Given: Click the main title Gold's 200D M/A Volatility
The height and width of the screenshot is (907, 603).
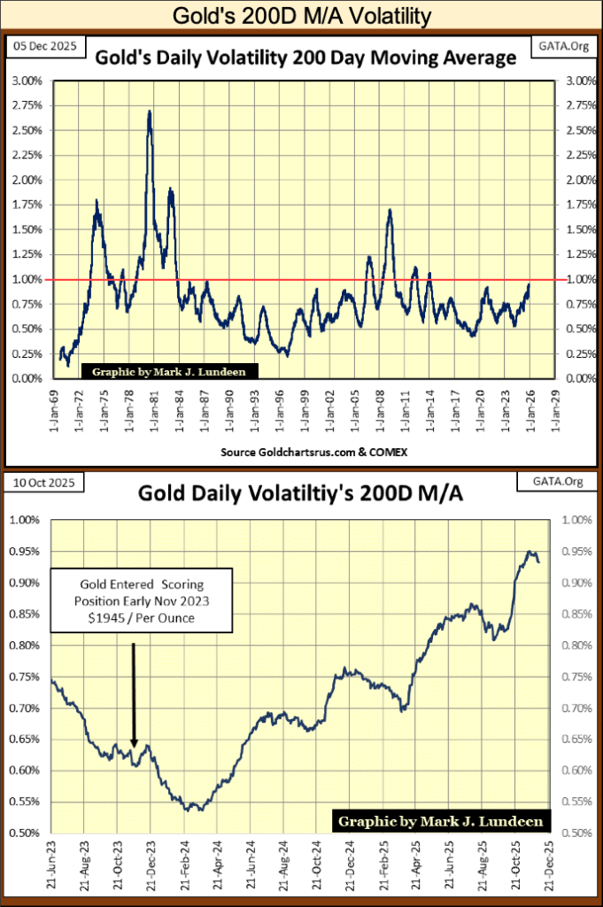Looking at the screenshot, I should [301, 15].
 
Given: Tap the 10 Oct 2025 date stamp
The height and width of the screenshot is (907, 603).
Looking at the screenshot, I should [42, 483].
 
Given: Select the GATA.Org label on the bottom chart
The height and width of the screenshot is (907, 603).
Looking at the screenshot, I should [542, 483].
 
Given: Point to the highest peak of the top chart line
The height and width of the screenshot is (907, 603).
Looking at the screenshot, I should [150, 112].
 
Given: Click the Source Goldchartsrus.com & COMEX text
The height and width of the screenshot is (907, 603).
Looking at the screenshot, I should [301, 452].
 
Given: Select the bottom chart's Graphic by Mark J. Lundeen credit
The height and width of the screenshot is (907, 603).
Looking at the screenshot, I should [440, 821].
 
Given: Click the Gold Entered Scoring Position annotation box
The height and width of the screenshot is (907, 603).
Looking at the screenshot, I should [141, 600].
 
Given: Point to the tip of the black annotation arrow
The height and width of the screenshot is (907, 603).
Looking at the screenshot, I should [134, 746].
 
